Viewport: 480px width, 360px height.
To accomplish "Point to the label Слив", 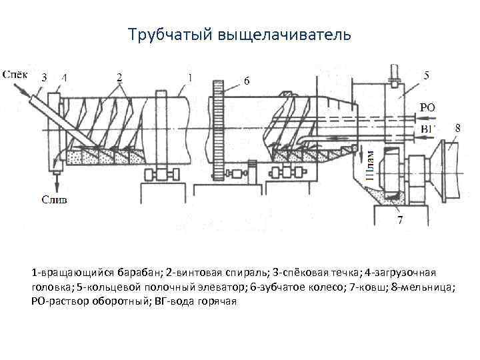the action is pyautogui.click(x=55, y=199).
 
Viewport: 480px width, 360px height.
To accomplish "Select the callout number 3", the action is pyautogui.click(x=44, y=78).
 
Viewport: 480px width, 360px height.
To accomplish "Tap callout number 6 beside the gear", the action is pyautogui.click(x=247, y=81).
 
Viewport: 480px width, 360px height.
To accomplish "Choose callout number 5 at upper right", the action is pyautogui.click(x=426, y=76).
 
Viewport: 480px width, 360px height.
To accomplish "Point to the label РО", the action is pyautogui.click(x=427, y=107).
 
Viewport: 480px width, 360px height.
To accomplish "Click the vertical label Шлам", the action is pyautogui.click(x=370, y=164).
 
